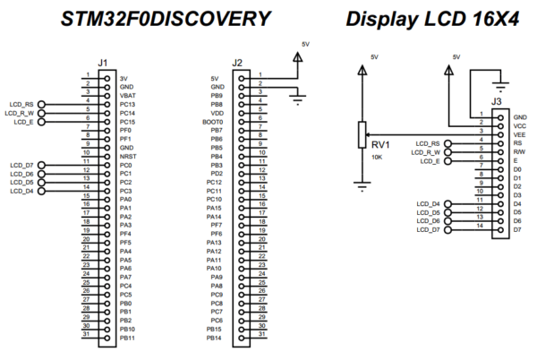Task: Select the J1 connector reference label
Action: point(103,63)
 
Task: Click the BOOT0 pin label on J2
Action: point(213,121)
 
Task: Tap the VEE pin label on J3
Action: point(520,134)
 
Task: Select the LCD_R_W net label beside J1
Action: point(21,112)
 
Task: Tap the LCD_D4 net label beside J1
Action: point(21,191)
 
